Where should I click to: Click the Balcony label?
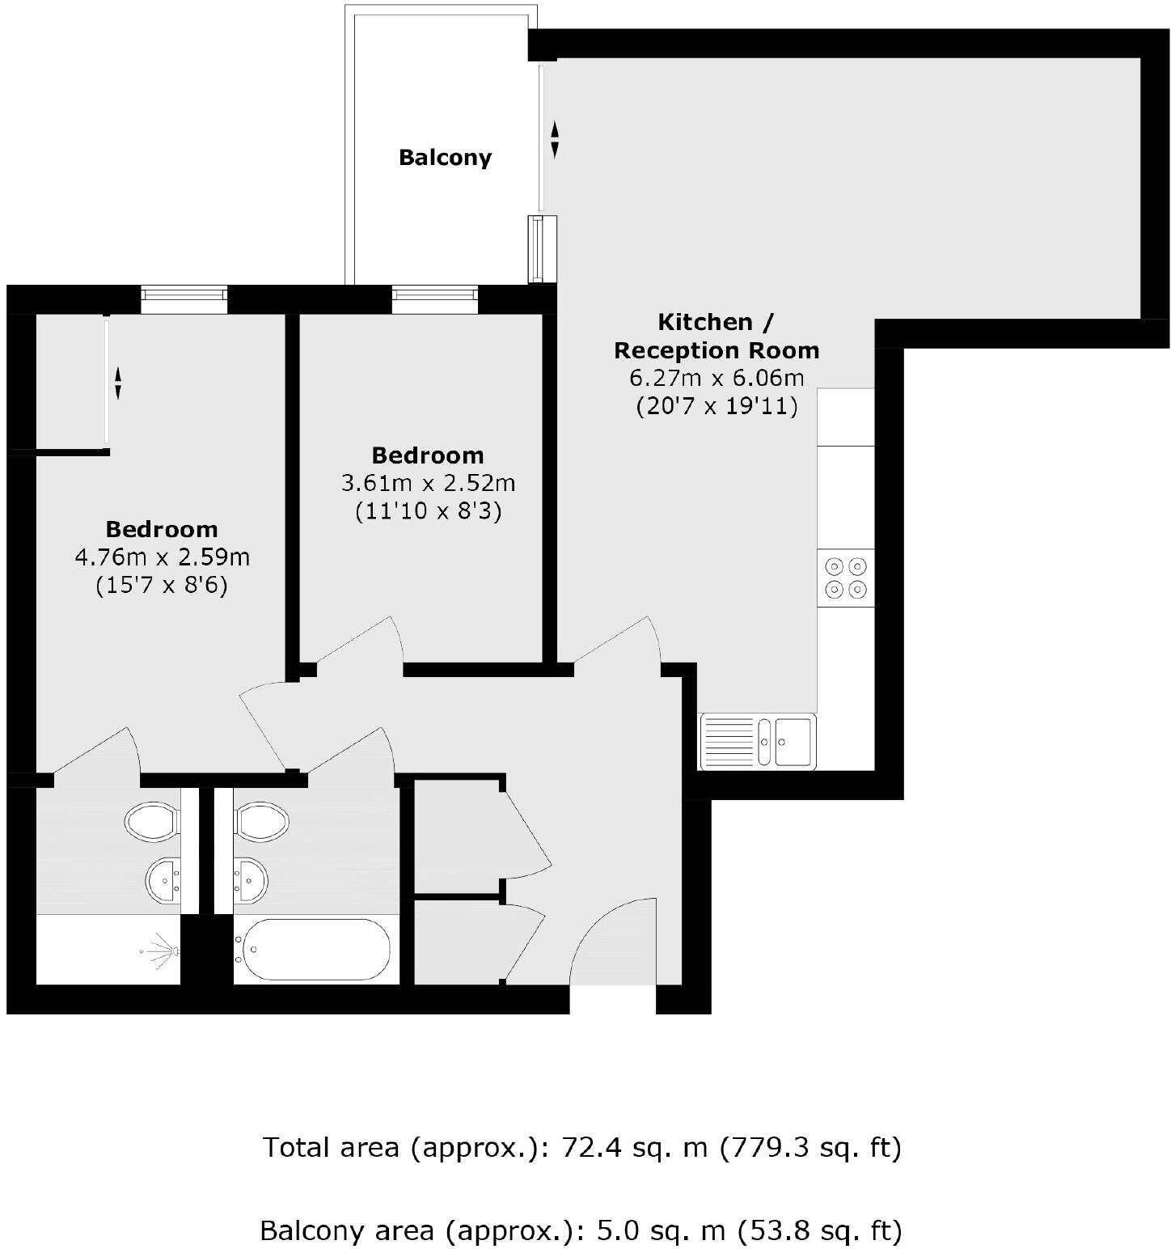tap(445, 157)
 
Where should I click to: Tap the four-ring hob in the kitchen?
tap(845, 578)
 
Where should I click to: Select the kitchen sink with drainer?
tap(758, 740)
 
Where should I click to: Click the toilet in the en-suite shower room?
tap(152, 821)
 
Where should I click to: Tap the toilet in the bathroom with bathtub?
tap(262, 821)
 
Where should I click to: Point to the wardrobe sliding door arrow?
tap(118, 383)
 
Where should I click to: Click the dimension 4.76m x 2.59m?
tap(162, 557)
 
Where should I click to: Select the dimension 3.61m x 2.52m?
tap(428, 484)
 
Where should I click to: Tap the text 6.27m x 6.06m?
tap(717, 378)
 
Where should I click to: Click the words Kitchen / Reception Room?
tap(717, 336)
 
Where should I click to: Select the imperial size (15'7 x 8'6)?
tap(162, 585)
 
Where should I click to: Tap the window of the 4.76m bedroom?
tap(184, 299)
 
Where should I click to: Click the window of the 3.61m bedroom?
tap(435, 299)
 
